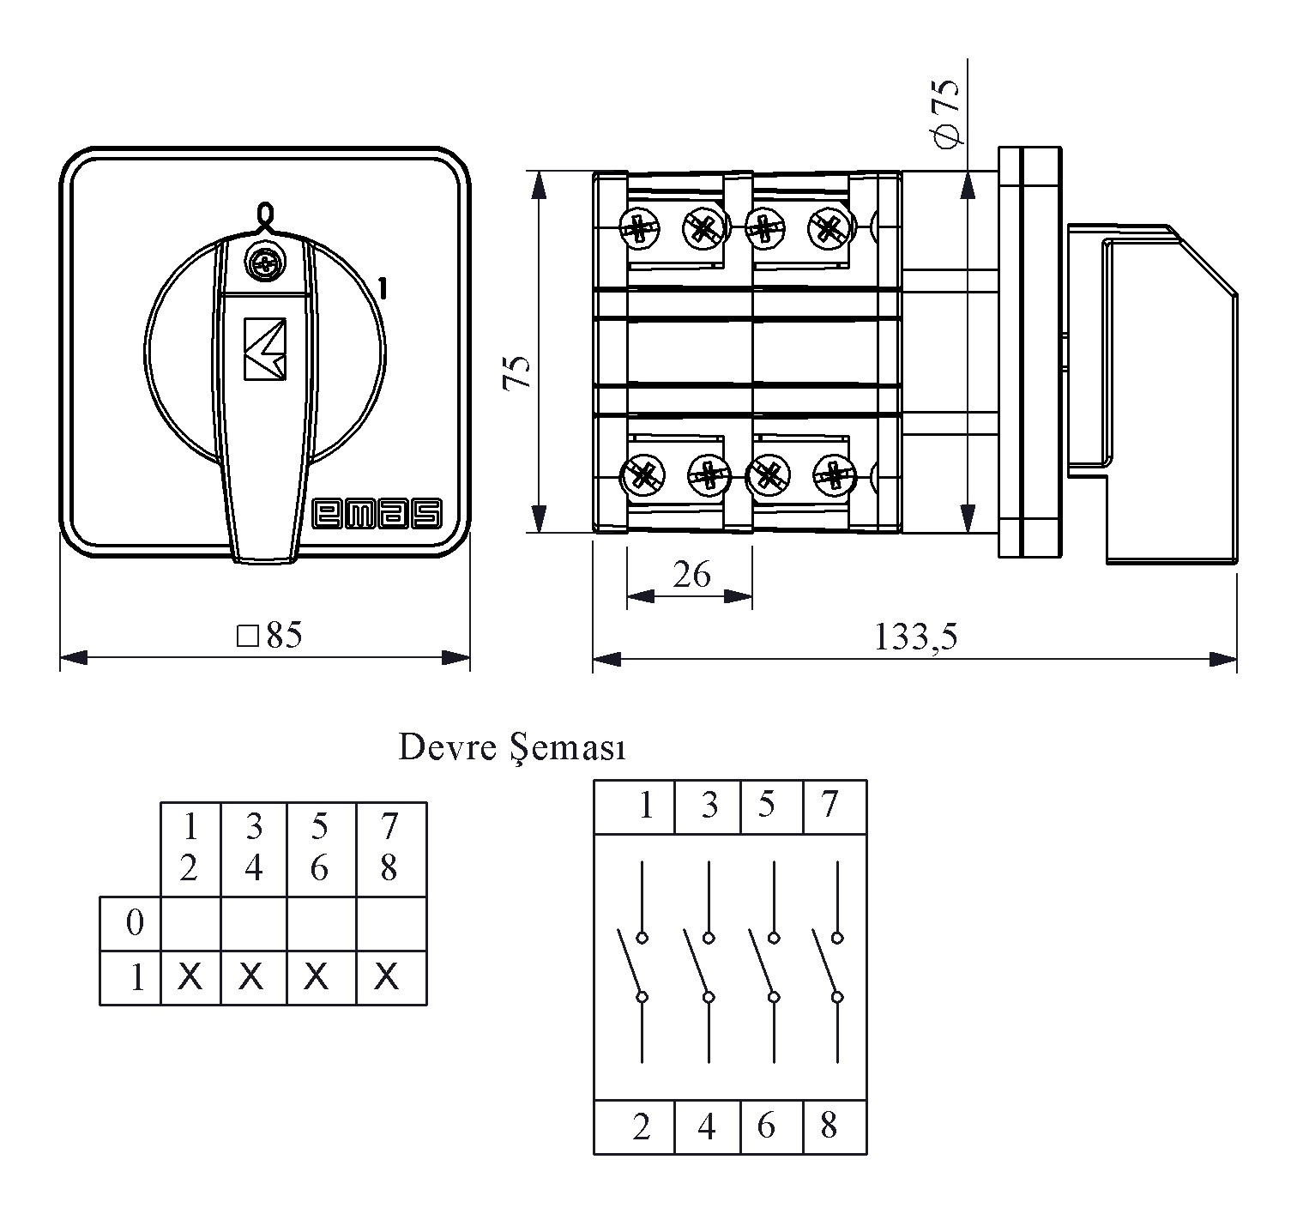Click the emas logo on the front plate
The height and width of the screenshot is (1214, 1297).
pos(377,514)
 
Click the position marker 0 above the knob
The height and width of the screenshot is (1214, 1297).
pos(265,213)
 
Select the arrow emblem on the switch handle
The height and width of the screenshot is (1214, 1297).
pos(265,349)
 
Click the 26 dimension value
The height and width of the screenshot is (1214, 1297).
pos(691,575)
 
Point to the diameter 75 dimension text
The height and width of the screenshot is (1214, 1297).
pos(947,113)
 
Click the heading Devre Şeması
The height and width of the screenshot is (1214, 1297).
pos(512,748)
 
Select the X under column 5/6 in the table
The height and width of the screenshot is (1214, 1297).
pos(317,976)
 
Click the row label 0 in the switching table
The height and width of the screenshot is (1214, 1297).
pos(135,924)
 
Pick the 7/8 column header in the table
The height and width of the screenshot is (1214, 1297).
pos(389,849)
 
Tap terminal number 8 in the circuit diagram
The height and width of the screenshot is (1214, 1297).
pos(828,1126)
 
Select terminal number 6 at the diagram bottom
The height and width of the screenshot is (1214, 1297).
pos(766,1126)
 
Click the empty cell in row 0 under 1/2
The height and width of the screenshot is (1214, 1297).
pos(190,924)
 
